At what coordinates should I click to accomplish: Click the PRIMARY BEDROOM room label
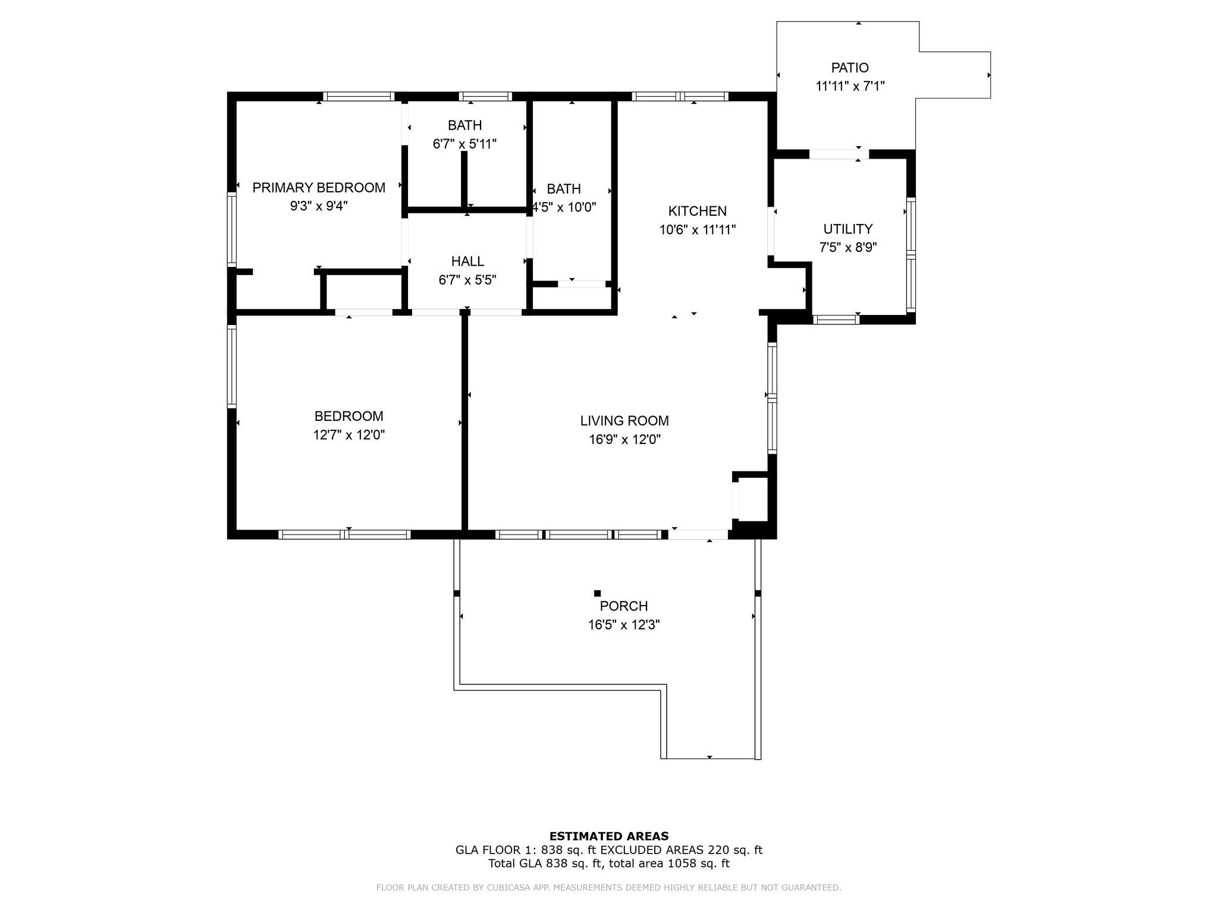click(319, 188)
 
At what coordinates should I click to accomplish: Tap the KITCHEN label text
click(698, 211)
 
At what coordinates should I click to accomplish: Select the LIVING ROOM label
click(624, 421)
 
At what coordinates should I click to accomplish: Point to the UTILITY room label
click(848, 229)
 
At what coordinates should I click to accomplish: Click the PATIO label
click(850, 68)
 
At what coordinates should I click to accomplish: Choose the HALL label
click(467, 262)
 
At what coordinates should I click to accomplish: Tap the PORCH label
click(624, 606)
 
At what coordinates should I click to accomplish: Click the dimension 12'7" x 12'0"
click(349, 435)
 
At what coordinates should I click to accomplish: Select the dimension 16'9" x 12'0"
click(624, 440)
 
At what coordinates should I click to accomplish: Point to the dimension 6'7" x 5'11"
click(464, 144)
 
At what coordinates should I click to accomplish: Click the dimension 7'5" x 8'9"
click(848, 248)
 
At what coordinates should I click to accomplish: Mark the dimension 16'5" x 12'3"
click(624, 625)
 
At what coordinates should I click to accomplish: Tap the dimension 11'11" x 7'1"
click(850, 87)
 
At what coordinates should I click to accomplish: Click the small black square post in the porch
click(598, 593)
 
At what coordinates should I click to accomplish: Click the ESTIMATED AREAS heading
click(609, 836)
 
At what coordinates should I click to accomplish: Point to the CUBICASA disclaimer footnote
click(609, 887)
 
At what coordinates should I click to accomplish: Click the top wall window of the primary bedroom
click(359, 96)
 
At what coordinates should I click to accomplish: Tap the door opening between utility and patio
click(839, 154)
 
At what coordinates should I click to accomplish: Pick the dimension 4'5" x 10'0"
click(564, 207)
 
